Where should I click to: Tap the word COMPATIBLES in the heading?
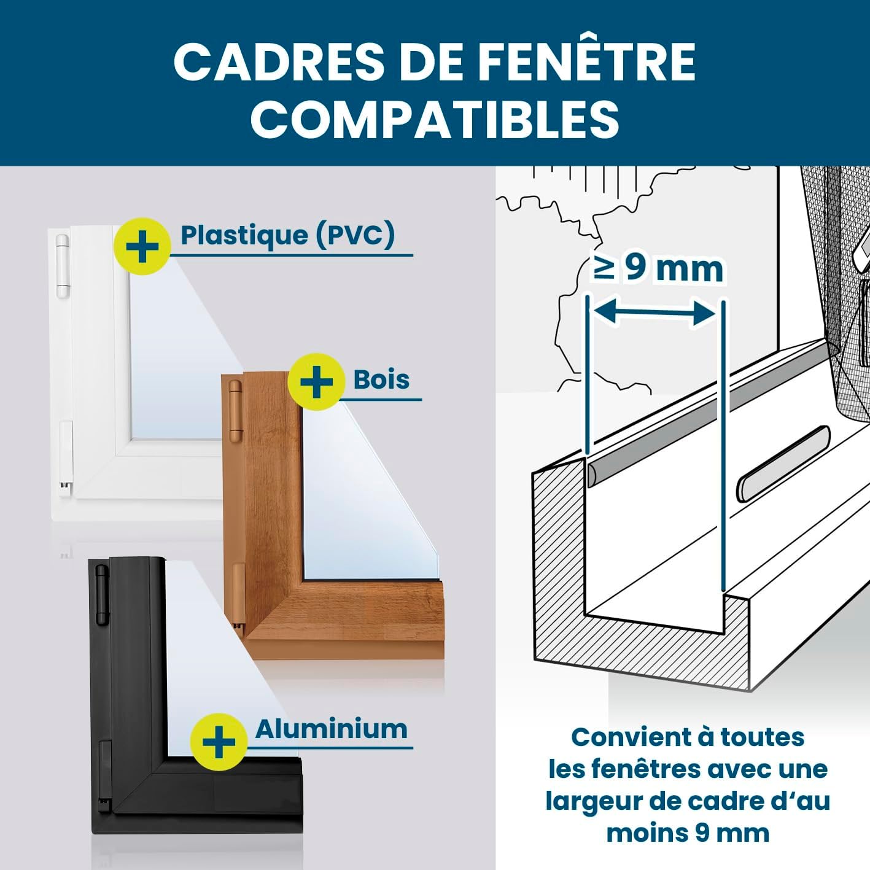pyautogui.click(x=435, y=118)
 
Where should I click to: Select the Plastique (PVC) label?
pyautogui.click(x=287, y=236)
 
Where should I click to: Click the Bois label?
pyautogui.click(x=381, y=380)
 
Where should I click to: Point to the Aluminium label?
pyautogui.click(x=331, y=729)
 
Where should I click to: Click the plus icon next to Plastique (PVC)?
pyautogui.click(x=142, y=247)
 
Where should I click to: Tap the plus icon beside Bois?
pyautogui.click(x=316, y=382)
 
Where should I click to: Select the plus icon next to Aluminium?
pyautogui.click(x=219, y=742)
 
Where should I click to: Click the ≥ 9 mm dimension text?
pyautogui.click(x=658, y=269)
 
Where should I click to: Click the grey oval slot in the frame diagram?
pyautogui.click(x=783, y=464)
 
